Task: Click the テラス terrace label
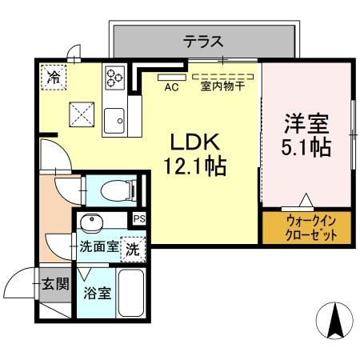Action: pos(203,42)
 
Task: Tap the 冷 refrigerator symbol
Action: pos(54,78)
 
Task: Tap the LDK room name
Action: pos(192,142)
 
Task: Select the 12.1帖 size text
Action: pos(195,168)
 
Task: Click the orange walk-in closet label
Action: pos(306,226)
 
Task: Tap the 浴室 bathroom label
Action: pos(98,291)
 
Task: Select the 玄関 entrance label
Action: pos(56,282)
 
